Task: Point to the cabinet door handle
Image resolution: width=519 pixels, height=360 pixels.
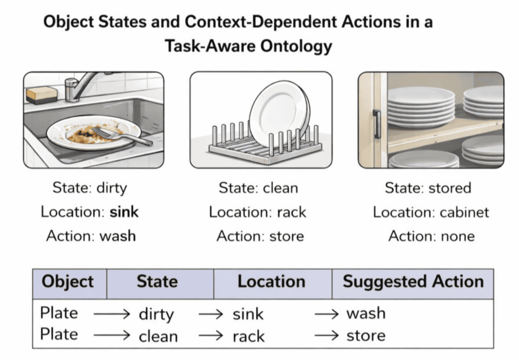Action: [376, 124]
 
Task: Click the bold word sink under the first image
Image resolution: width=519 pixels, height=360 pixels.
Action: [124, 212]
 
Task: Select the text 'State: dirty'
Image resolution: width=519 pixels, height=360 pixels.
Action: [90, 188]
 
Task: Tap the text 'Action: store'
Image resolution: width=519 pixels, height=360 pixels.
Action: [260, 236]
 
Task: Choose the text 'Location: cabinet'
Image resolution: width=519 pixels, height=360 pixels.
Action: [431, 212]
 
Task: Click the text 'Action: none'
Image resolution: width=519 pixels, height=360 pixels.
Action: [431, 236]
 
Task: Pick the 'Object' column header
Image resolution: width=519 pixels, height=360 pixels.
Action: [68, 282]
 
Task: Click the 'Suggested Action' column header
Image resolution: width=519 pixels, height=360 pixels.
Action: [413, 282]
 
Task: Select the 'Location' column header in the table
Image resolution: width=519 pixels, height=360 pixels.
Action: [272, 282]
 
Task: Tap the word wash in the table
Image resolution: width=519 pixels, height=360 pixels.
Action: [366, 313]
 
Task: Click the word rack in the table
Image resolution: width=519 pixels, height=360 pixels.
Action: [249, 336]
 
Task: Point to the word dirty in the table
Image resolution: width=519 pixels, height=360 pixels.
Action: [156, 314]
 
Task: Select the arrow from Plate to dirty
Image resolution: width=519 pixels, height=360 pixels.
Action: [112, 314]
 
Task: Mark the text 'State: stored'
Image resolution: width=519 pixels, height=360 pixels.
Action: [428, 188]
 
